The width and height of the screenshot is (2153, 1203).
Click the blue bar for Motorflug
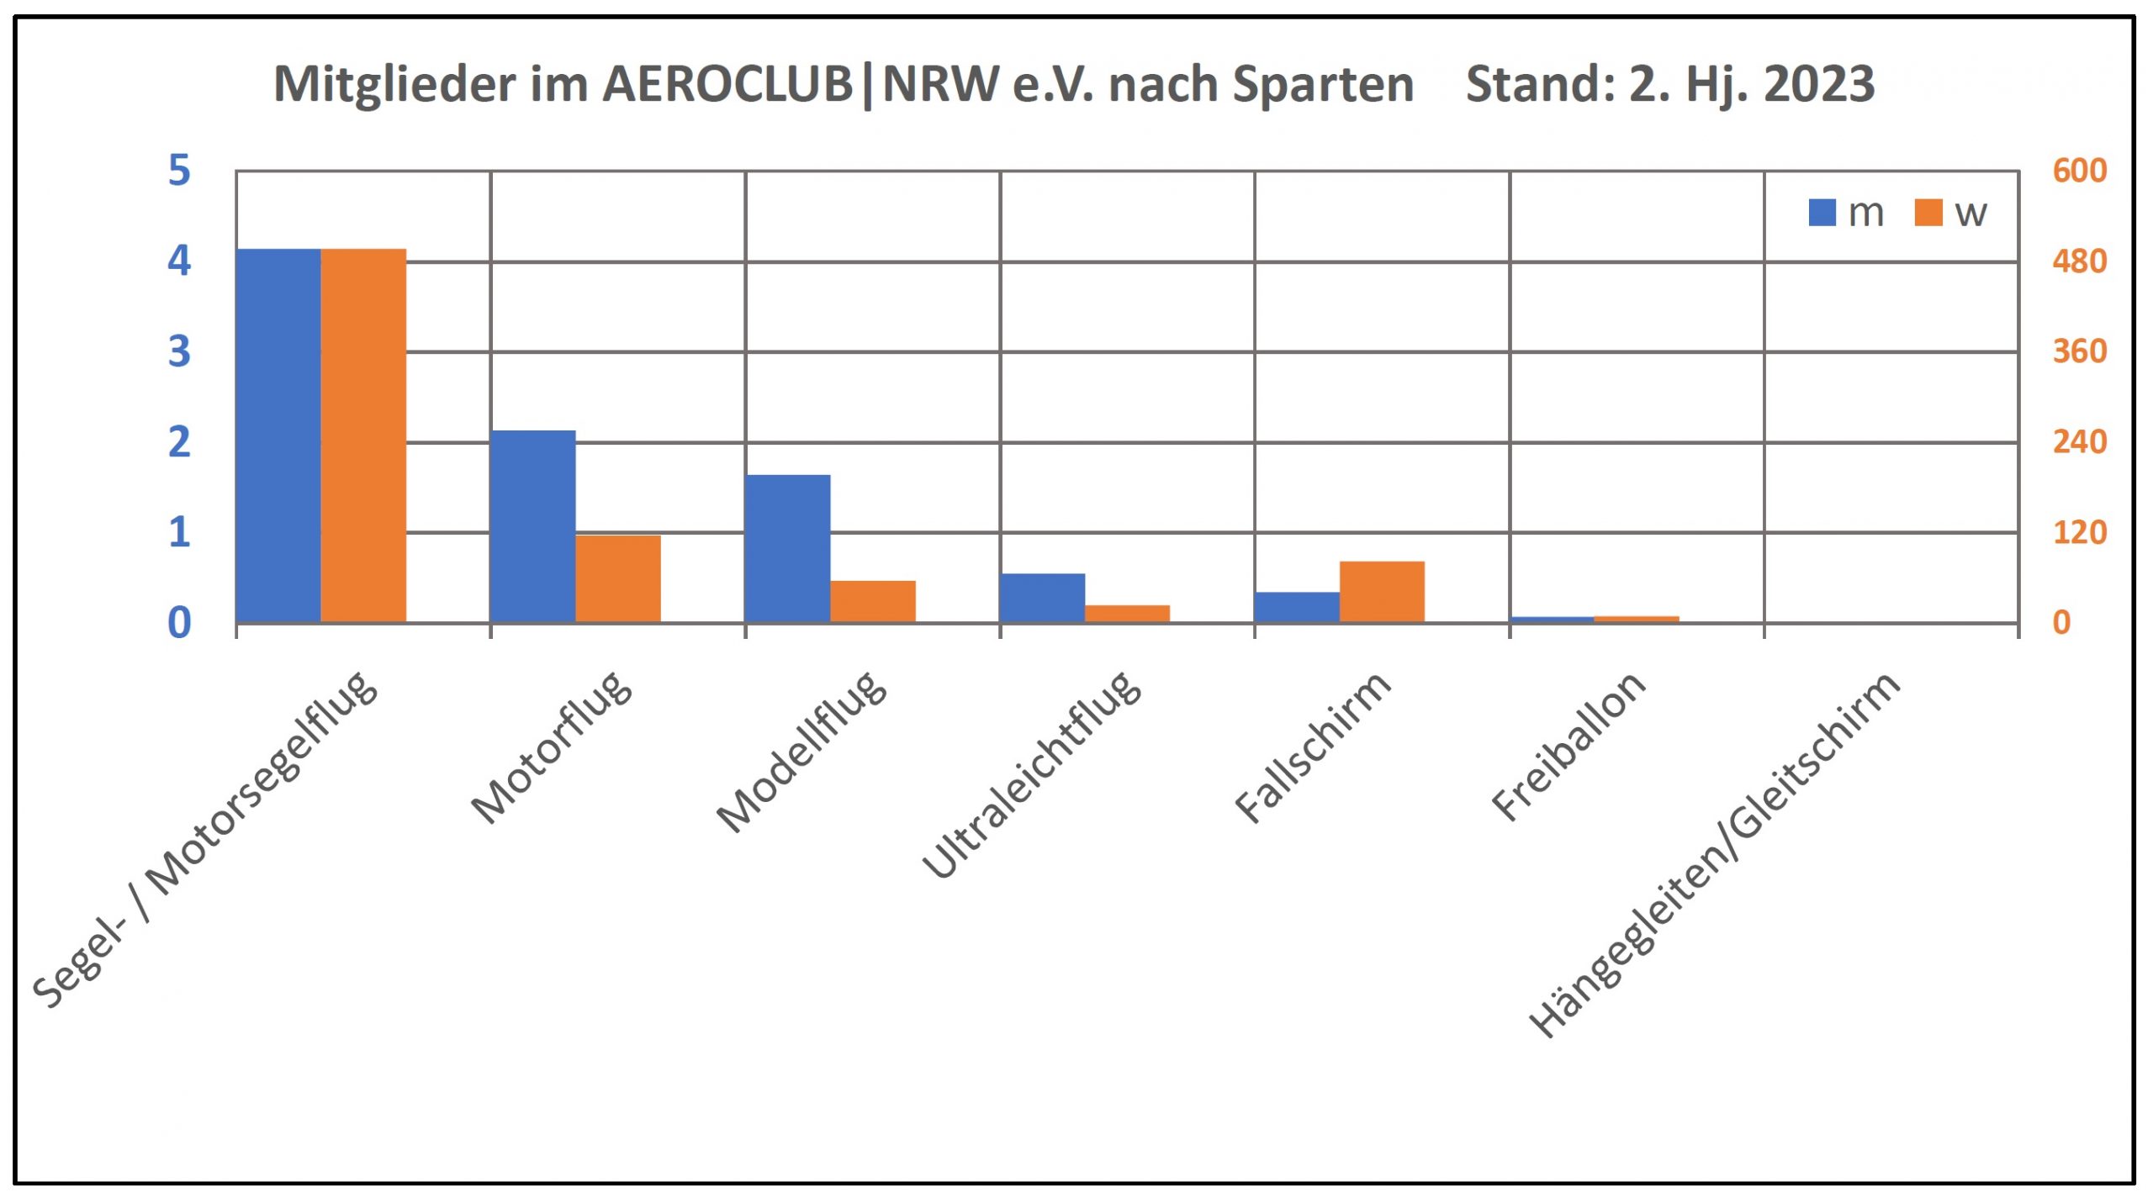(x=532, y=526)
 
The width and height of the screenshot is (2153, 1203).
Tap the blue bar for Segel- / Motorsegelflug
(x=278, y=435)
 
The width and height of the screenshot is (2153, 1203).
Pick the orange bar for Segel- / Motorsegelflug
(x=363, y=435)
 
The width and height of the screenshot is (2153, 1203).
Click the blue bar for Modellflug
(x=787, y=548)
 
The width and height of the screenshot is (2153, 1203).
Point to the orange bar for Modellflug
(x=872, y=601)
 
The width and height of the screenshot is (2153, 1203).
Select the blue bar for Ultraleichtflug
(x=1042, y=598)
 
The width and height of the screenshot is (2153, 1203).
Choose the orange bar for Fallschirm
(x=1382, y=591)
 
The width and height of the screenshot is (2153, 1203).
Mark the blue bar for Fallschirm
(x=1297, y=607)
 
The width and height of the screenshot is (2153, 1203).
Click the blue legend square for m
(x=1822, y=213)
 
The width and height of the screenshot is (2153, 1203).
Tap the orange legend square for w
(x=1928, y=213)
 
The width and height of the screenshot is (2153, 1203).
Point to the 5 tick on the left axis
(x=179, y=171)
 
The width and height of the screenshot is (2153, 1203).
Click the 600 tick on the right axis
(x=2079, y=171)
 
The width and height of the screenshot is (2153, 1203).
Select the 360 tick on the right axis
(x=2079, y=351)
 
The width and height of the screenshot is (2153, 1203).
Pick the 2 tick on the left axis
(x=179, y=442)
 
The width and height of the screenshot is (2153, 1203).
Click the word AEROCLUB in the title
(x=727, y=84)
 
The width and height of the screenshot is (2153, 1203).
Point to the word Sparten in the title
(x=1322, y=84)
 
